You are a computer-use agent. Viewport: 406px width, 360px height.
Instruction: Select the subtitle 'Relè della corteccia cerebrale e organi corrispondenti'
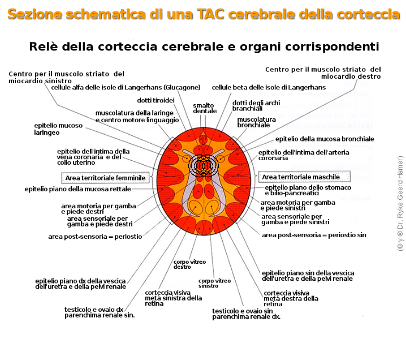204,46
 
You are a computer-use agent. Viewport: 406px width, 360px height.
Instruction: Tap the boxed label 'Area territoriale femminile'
105,178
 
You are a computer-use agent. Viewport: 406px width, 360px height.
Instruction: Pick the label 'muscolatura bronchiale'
256,123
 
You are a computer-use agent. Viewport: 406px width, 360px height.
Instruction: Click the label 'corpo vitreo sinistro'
214,283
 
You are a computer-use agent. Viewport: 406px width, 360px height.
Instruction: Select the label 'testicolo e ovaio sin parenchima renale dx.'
246,314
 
